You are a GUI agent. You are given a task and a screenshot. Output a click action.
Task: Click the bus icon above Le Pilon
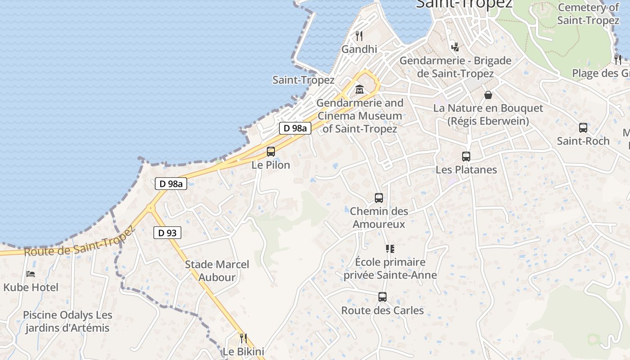[x=270, y=152]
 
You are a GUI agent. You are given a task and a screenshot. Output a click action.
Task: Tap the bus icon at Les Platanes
[x=466, y=157]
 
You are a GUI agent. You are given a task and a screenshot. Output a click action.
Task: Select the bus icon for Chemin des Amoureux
[x=379, y=198]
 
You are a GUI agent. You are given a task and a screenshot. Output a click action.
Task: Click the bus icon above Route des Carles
[x=382, y=297]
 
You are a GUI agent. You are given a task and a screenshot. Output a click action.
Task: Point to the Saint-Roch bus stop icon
[x=583, y=128]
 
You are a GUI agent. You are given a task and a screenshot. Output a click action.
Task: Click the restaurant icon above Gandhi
[x=359, y=36]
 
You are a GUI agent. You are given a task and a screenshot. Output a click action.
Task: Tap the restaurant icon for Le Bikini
[x=243, y=338]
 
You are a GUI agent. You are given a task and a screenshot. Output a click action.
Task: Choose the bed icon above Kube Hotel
[x=31, y=274]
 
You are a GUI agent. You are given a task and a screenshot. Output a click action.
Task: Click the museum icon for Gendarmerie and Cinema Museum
[x=359, y=90]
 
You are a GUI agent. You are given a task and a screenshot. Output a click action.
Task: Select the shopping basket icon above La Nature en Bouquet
[x=488, y=95]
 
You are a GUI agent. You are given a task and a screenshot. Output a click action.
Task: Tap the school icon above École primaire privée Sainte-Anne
[x=390, y=248]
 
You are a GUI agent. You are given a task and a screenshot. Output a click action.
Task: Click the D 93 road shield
[x=167, y=233]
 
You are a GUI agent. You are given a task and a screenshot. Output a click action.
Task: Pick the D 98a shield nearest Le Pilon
[x=295, y=128]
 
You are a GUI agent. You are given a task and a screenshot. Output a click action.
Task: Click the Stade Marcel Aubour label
[x=217, y=270]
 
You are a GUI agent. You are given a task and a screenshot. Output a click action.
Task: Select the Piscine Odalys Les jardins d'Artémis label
[x=67, y=321]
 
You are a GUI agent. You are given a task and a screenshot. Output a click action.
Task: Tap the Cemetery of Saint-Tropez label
[x=588, y=14]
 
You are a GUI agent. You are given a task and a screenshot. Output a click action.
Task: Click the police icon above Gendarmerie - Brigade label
[x=455, y=46]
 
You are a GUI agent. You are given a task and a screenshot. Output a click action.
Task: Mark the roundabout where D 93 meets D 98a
[x=150, y=208]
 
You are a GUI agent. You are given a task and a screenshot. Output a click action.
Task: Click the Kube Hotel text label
[x=31, y=287]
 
